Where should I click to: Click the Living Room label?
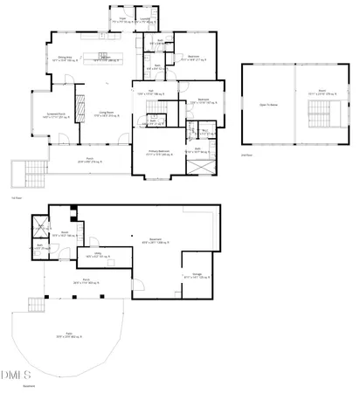pos(107,114)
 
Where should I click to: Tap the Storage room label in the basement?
pos(197,275)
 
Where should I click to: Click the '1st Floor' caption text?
pos(16,198)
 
